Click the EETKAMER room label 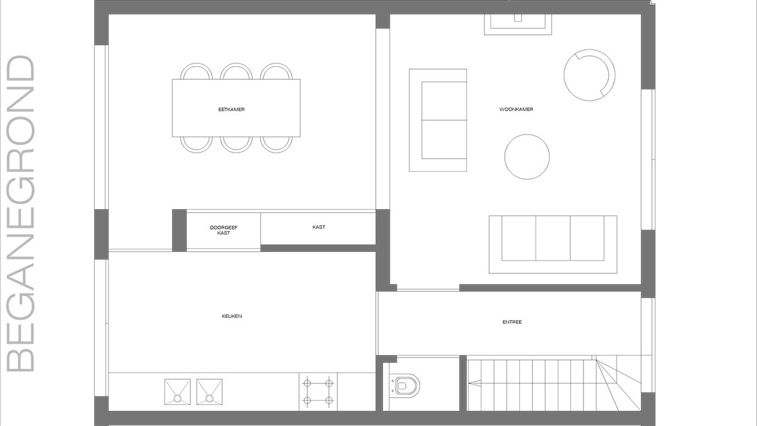232,109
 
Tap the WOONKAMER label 516,109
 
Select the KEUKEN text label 232,316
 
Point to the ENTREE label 512,322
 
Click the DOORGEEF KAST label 224,230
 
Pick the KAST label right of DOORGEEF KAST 319,227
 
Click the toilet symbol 405,385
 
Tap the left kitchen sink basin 178,392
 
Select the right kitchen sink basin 210,392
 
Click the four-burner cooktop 318,392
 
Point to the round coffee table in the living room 527,157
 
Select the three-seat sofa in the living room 553,245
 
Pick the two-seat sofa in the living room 438,120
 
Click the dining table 236,108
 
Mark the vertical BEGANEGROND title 20,213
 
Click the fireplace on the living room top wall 518,25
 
